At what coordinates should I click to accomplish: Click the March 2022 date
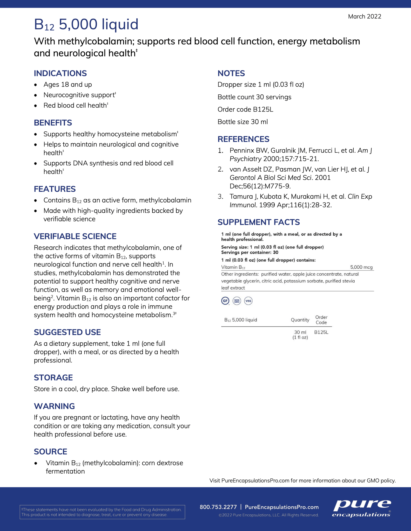pyautogui.click(x=365, y=17)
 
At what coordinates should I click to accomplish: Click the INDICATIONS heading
pyautogui.click(x=60, y=73)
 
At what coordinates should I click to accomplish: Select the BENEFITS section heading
pyautogui.click(x=53, y=123)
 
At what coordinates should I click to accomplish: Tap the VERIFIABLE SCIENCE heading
pyautogui.click(x=75, y=236)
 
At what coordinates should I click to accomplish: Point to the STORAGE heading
pyautogui.click(x=53, y=378)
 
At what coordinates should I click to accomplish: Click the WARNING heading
pyautogui.click(x=54, y=406)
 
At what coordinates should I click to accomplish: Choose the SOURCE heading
pyautogui.click(x=51, y=451)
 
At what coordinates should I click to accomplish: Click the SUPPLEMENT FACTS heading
pyautogui.click(x=259, y=222)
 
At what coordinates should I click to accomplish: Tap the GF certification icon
pyautogui.click(x=225, y=301)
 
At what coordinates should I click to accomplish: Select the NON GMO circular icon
pyautogui.click(x=237, y=301)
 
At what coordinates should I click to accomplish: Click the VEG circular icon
pyautogui.click(x=248, y=301)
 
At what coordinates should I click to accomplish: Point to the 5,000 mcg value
pyautogui.click(x=361, y=267)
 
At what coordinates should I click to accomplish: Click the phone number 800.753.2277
pyautogui.click(x=218, y=507)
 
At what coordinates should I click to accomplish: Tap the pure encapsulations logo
pyautogui.click(x=362, y=508)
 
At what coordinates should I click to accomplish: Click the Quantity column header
pyautogui.click(x=300, y=320)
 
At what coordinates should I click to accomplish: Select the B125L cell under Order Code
pyautogui.click(x=321, y=332)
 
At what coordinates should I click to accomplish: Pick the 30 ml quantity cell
pyautogui.click(x=300, y=334)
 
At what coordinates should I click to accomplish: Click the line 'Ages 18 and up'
pyautogui.click(x=68, y=85)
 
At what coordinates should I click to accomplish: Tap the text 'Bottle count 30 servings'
pyautogui.click(x=254, y=97)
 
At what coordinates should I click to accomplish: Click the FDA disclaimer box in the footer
pyautogui.click(x=102, y=512)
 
